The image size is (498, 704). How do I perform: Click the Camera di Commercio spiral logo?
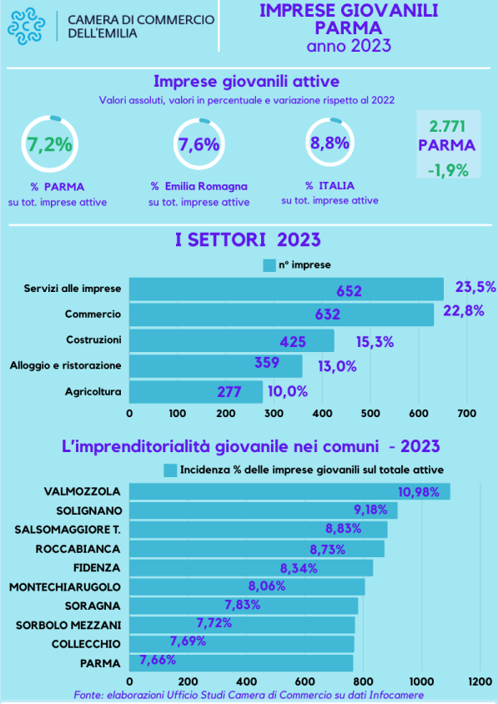pyautogui.click(x=26, y=26)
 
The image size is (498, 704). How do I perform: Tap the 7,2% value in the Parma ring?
pyautogui.click(x=49, y=145)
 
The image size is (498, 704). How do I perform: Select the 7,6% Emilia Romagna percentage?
pyautogui.click(x=199, y=144)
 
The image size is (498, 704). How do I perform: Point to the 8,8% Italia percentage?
pyautogui.click(x=330, y=143)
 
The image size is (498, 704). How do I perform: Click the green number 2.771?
pyautogui.click(x=447, y=127)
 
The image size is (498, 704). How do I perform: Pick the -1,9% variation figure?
pyautogui.click(x=448, y=171)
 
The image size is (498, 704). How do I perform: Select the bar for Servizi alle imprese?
pyautogui.click(x=286, y=289)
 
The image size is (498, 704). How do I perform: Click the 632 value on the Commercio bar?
pyautogui.click(x=327, y=314)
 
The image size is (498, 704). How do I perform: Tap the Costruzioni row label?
pyautogui.click(x=93, y=339)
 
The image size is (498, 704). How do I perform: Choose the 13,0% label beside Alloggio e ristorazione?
pyautogui.click(x=337, y=366)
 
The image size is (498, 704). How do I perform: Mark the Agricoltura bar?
pyautogui.click(x=196, y=392)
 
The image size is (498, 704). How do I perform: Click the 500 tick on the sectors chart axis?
pyautogui.click(x=370, y=414)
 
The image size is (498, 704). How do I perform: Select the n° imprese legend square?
pyautogui.click(x=269, y=265)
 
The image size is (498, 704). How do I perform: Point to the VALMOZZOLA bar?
pyautogui.click(x=289, y=491)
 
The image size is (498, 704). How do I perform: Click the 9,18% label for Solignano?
pyautogui.click(x=370, y=510)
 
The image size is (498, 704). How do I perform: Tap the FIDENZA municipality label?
pyautogui.click(x=97, y=568)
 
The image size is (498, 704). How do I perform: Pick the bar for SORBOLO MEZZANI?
pyautogui.click(x=242, y=625)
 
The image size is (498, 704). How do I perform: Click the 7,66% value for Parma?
pyautogui.click(x=158, y=660)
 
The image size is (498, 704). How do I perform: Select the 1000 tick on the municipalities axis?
pyautogui.click(x=421, y=681)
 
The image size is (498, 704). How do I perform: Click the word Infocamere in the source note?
pyautogui.click(x=396, y=696)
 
